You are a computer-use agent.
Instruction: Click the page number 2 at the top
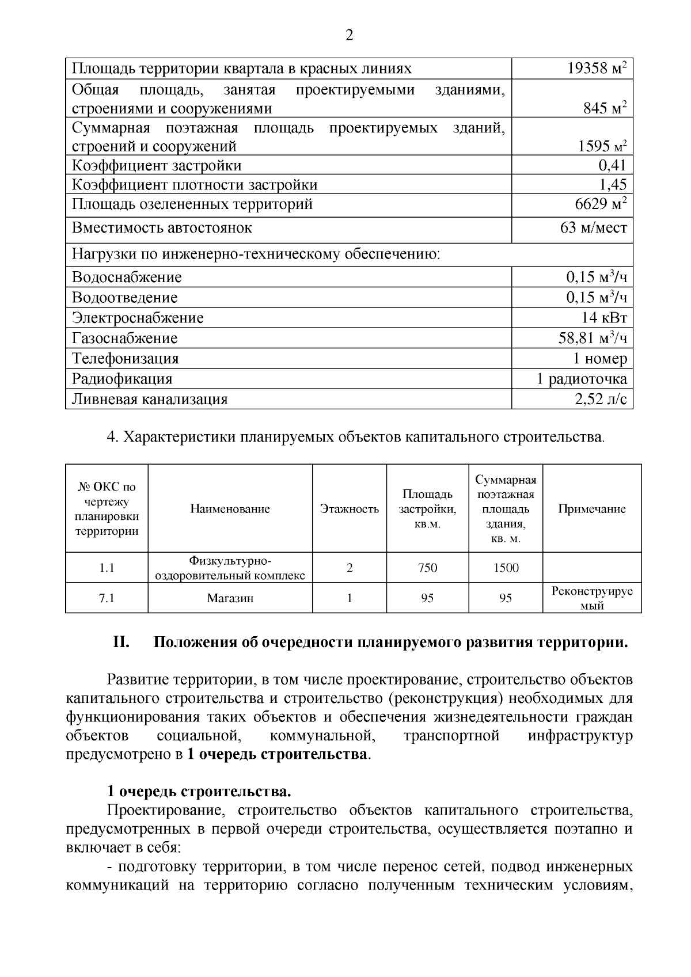349,36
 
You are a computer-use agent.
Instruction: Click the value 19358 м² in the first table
597,69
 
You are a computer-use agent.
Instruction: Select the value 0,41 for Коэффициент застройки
612,166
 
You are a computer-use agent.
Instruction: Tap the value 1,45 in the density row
612,185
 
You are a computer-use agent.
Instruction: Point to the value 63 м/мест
593,228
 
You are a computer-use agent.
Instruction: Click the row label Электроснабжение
137,318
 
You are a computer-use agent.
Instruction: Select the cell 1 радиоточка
582,379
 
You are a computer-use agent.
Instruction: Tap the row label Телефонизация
125,359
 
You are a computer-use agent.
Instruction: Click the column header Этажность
350,509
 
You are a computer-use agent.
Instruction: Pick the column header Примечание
592,509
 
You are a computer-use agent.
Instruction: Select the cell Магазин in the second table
230,598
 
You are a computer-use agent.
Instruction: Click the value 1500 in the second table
506,568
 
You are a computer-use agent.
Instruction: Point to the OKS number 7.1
107,598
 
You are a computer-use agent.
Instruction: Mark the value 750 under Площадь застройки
427,568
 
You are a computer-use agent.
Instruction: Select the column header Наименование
230,509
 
